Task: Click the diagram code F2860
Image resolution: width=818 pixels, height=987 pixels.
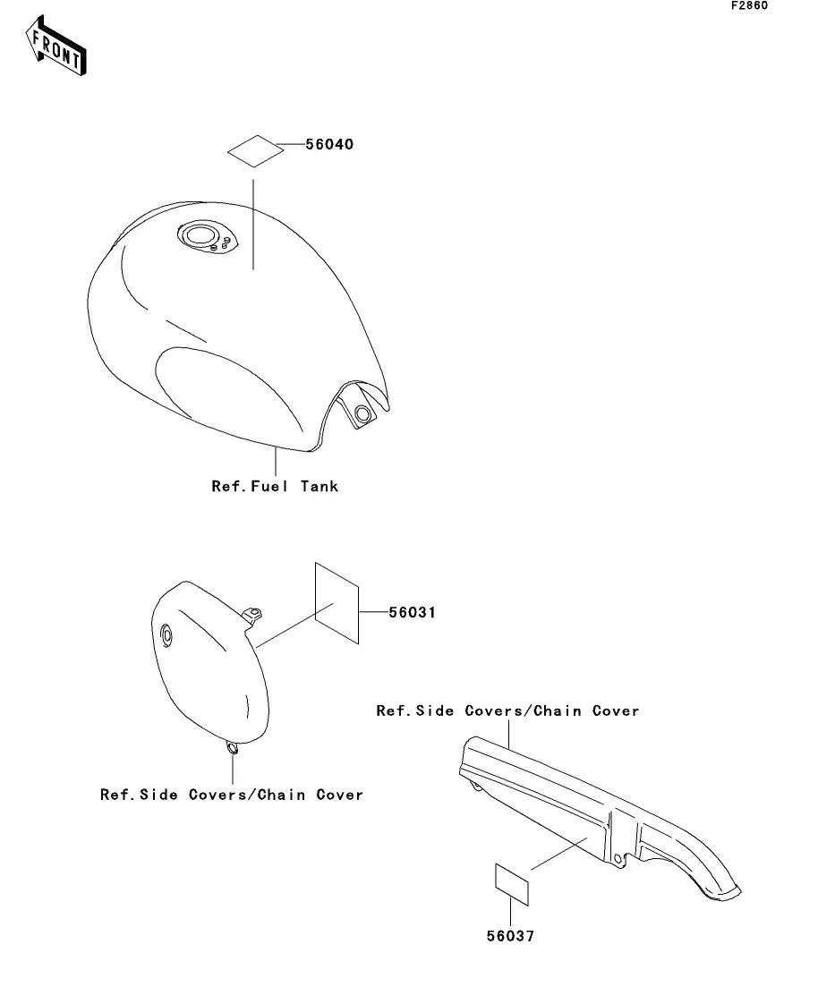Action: [749, 6]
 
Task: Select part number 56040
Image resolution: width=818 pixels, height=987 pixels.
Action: [328, 145]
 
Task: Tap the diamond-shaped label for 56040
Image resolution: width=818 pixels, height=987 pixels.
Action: [254, 150]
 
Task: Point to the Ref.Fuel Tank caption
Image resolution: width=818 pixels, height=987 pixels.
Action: [275, 486]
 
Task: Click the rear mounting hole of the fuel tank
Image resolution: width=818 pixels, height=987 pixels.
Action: [362, 414]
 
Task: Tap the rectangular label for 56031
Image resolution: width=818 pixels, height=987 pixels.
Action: [337, 602]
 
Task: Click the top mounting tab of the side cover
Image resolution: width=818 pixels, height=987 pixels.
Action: [254, 613]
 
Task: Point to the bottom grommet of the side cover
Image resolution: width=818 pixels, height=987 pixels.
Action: [233, 748]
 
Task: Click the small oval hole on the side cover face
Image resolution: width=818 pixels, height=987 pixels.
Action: [165, 635]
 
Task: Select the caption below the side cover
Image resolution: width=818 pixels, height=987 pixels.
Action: [232, 795]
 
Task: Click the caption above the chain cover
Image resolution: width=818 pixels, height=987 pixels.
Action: [507, 711]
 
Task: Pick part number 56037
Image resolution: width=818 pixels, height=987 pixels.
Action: [510, 937]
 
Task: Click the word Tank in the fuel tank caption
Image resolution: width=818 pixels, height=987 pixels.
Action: [320, 486]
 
